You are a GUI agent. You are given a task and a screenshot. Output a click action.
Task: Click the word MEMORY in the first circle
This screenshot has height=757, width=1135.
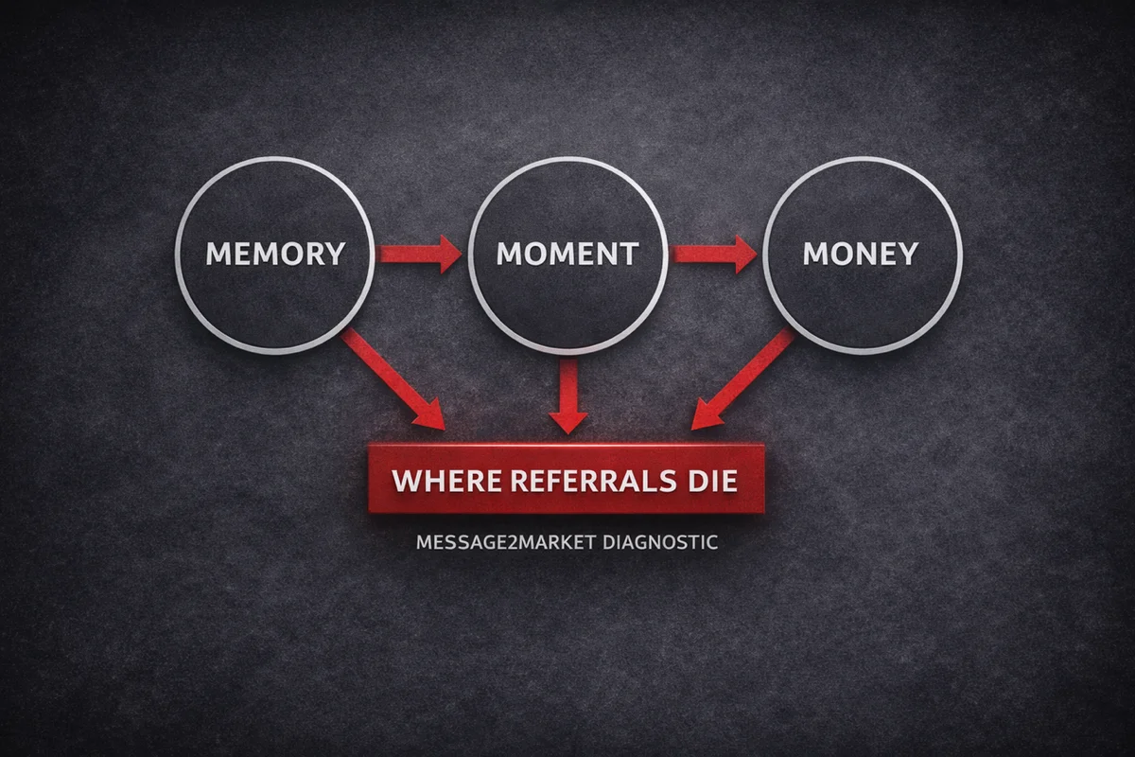tap(275, 253)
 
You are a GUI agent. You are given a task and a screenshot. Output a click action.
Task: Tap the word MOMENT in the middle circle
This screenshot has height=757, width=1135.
tap(567, 254)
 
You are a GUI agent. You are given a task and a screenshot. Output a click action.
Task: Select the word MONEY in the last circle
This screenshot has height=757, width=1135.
tap(861, 253)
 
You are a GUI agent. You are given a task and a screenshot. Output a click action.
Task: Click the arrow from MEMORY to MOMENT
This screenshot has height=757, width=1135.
tap(421, 254)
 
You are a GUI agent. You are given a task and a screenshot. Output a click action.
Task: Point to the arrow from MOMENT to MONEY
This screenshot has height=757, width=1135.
tap(713, 254)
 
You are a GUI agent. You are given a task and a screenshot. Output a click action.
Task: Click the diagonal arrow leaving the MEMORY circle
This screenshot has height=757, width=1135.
tap(393, 380)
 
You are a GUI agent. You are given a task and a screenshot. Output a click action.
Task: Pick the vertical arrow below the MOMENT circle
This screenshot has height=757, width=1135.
tap(568, 396)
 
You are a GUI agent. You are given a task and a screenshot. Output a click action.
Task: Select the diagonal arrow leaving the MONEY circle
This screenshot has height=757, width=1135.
tap(742, 378)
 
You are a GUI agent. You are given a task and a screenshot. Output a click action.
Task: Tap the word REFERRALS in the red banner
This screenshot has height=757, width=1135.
tap(593, 481)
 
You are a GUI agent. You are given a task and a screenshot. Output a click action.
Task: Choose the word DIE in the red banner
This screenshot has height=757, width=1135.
tap(712, 481)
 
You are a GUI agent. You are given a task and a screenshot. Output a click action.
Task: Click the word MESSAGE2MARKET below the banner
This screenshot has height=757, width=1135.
tap(506, 542)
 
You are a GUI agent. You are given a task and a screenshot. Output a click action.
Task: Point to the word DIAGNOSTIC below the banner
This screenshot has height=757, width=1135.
tap(660, 542)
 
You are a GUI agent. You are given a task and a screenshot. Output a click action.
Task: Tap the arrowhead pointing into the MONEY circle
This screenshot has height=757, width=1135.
tap(746, 254)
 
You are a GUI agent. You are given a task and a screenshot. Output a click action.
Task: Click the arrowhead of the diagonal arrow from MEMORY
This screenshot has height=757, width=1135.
tap(430, 415)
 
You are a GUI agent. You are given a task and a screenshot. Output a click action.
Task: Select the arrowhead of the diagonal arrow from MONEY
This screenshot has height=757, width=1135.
tap(707, 414)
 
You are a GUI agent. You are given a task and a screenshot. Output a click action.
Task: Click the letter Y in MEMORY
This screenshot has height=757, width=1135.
tap(335, 253)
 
